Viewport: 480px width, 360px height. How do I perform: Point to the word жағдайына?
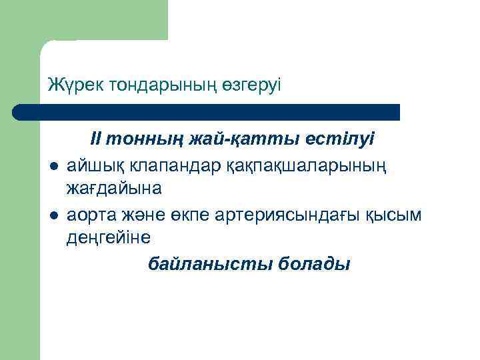pos(113,189)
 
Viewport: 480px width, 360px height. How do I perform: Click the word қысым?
pos(396,214)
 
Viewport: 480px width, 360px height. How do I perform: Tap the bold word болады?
pos(314,265)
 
